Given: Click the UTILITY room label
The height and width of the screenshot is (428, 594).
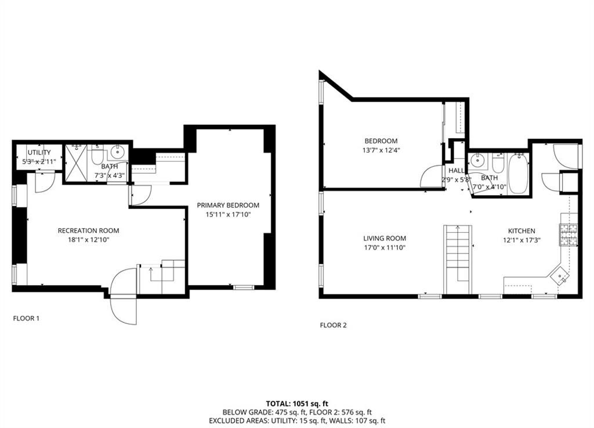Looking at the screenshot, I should point(39,153).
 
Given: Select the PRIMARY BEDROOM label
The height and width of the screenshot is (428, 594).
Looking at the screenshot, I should point(228,205).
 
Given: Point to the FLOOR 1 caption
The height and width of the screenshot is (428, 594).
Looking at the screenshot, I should point(26,318).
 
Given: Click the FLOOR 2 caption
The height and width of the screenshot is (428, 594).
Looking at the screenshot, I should point(333,325).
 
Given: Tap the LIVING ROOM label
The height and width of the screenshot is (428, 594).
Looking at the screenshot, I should point(385,238).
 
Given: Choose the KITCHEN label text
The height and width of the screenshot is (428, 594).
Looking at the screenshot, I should point(521,231).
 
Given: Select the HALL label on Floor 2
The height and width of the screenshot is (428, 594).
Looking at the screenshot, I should point(457,171).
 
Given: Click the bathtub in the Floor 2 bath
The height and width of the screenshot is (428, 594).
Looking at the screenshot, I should point(518,172).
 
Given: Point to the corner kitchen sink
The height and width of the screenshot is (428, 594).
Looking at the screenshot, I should point(560,276).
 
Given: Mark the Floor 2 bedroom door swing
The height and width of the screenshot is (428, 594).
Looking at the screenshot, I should point(433,177).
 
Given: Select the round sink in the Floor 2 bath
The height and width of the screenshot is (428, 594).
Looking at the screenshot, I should point(479,160).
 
